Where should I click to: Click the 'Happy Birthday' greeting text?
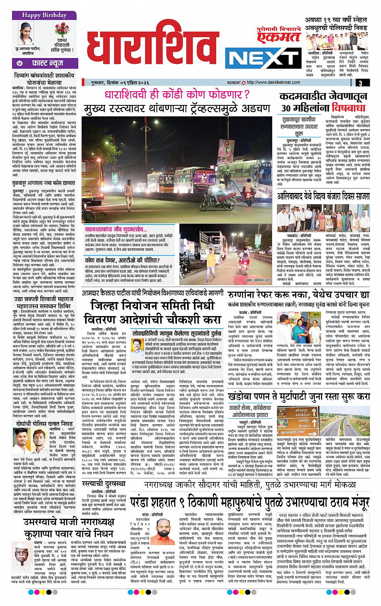pos(39,16)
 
